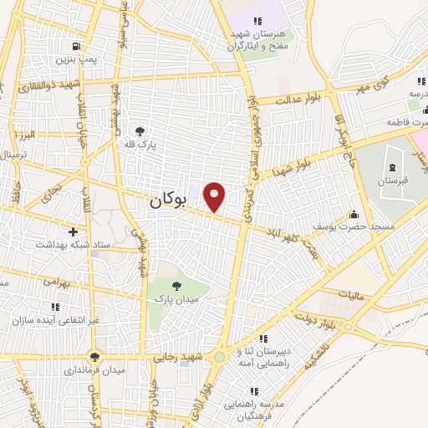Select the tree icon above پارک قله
[139, 130]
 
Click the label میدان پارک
[174, 298]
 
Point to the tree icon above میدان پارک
[176, 286]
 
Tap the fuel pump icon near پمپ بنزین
[77, 47]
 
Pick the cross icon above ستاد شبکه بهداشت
[74, 232]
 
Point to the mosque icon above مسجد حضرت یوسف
[354, 213]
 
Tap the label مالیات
[352, 294]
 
